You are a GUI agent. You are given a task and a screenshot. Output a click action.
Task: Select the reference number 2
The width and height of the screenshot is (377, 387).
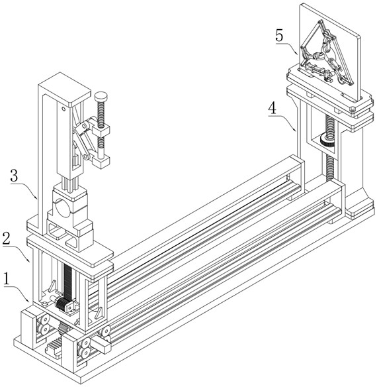coord(7,239)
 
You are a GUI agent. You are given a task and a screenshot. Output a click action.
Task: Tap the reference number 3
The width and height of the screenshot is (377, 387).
coord(15,176)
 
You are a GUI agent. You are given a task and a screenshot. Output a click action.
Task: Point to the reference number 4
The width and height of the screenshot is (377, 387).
coord(272,108)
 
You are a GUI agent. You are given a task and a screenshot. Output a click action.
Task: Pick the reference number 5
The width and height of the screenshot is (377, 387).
coord(279,36)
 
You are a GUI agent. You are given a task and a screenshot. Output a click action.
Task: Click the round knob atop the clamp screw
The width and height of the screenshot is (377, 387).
coord(101,96)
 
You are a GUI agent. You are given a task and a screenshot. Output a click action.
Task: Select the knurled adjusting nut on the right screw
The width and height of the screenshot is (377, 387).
coord(327,140)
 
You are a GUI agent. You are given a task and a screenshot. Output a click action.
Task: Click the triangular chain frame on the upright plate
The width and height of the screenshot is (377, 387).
coord(327,52)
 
